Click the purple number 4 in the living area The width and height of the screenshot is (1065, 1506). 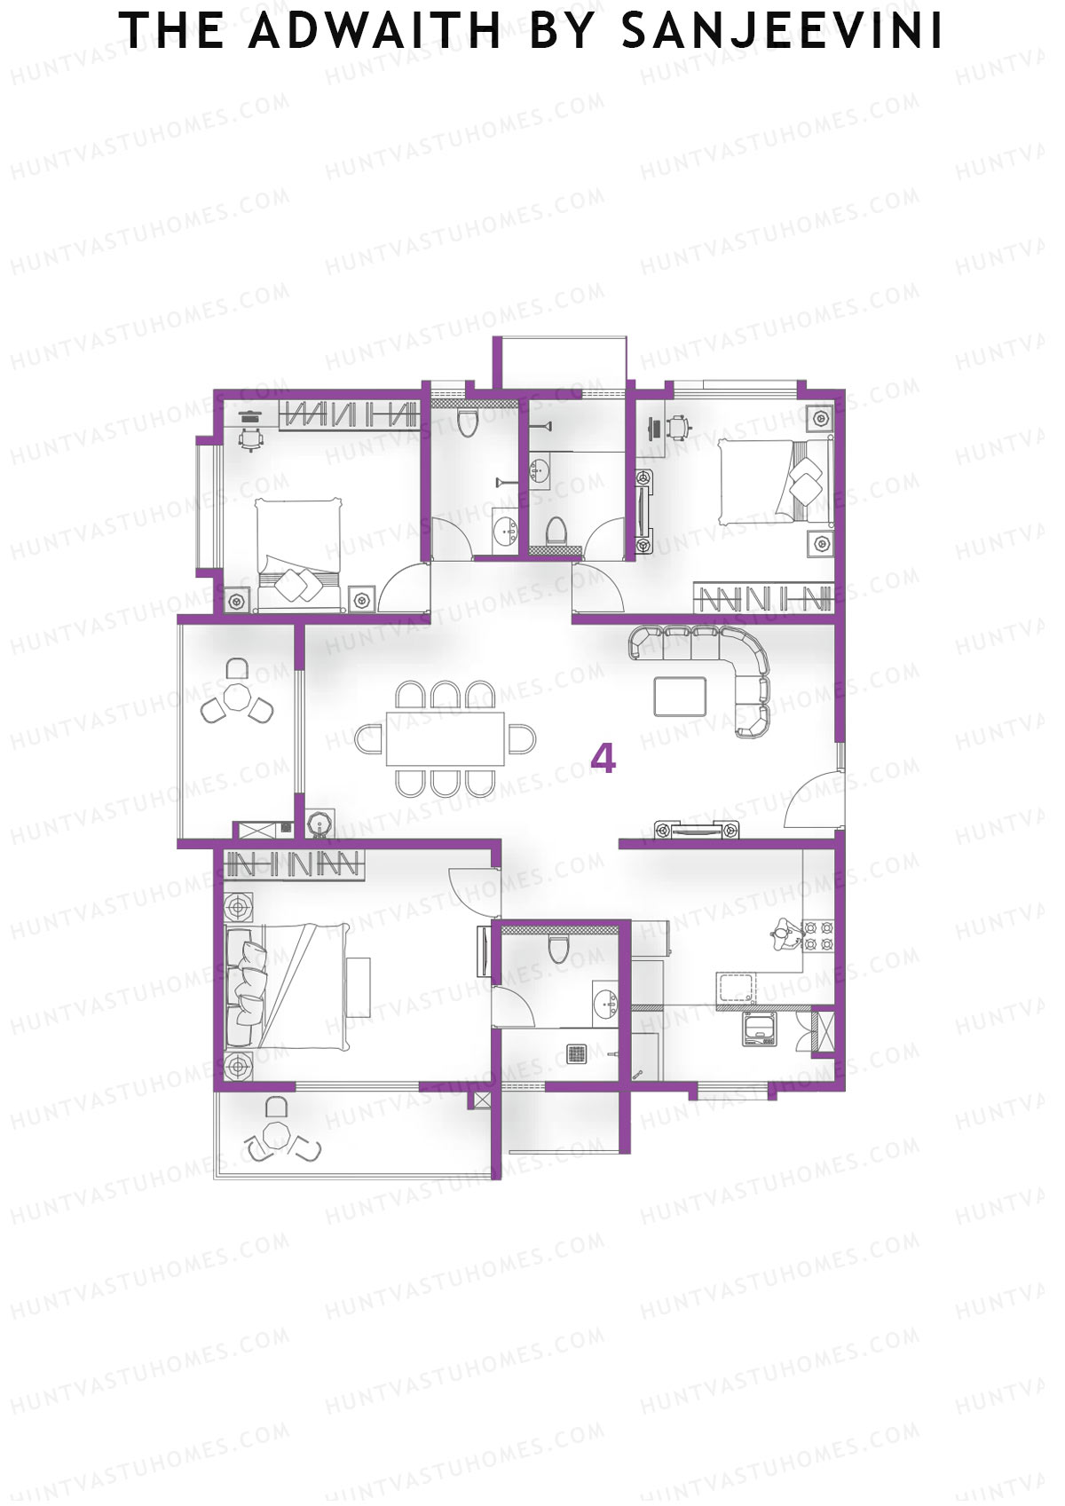pyautogui.click(x=603, y=759)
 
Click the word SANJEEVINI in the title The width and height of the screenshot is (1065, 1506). pyautogui.click(x=781, y=32)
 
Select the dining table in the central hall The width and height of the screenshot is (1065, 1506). pyautogui.click(x=446, y=738)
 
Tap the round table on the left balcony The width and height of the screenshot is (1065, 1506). pyautogui.click(x=236, y=697)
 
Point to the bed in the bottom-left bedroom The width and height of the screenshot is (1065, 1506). pyautogui.click(x=293, y=985)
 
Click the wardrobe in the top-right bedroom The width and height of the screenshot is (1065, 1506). pyautogui.click(x=763, y=598)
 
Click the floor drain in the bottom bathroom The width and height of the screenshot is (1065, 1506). pyautogui.click(x=578, y=1054)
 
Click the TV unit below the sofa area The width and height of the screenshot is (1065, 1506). pyautogui.click(x=697, y=832)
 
